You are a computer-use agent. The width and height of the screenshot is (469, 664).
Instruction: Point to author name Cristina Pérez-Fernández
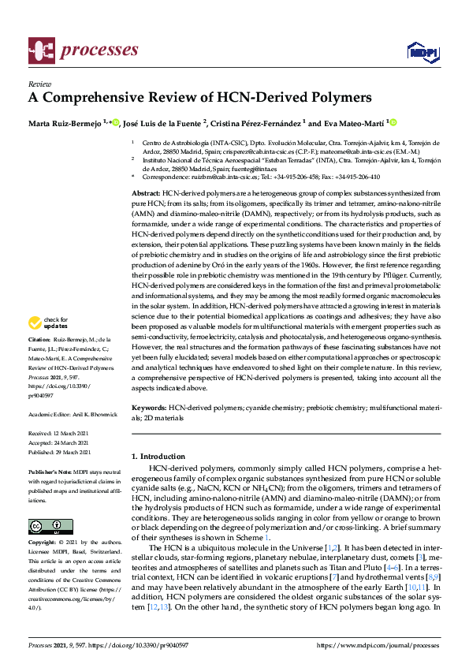click(x=255, y=123)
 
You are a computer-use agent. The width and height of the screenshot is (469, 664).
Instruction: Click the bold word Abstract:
click(x=145, y=193)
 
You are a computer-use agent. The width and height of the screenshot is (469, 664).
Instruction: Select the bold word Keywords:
click(x=148, y=408)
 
